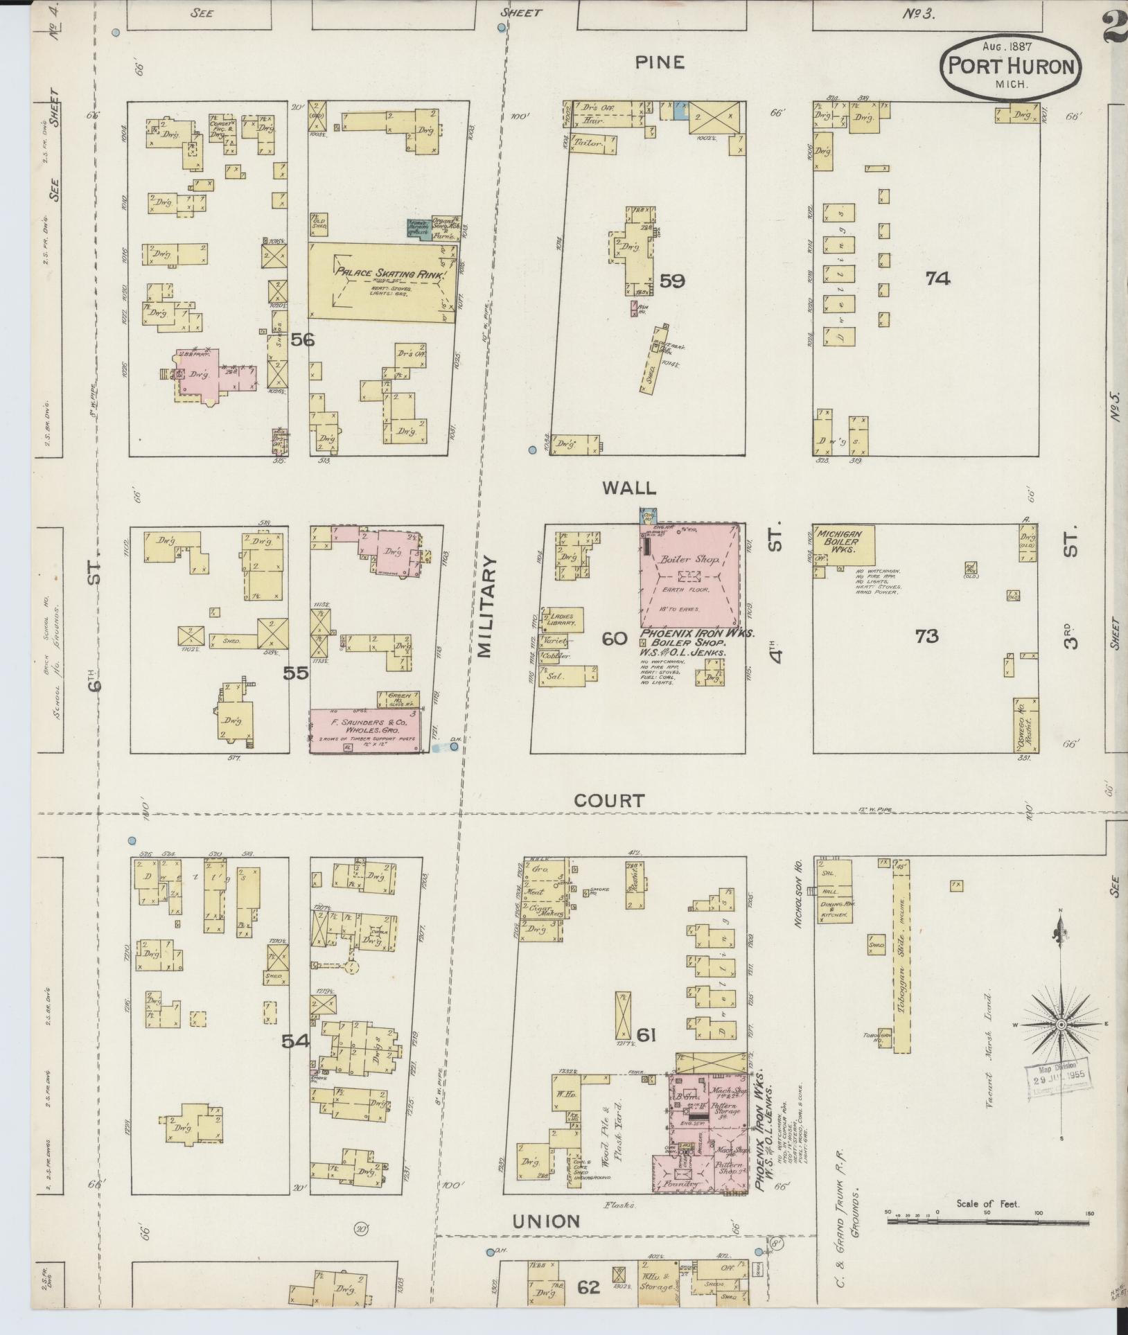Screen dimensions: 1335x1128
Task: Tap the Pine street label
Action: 660,62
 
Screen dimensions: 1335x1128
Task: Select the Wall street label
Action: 628,488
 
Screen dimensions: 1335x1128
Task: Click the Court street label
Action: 609,801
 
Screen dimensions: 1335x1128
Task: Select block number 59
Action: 672,281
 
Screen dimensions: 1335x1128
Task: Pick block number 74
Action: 937,279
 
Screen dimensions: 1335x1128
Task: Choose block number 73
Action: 926,635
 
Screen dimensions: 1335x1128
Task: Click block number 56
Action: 302,339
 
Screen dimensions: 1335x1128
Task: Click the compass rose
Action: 1060,1024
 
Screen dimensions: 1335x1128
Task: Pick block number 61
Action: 646,1054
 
